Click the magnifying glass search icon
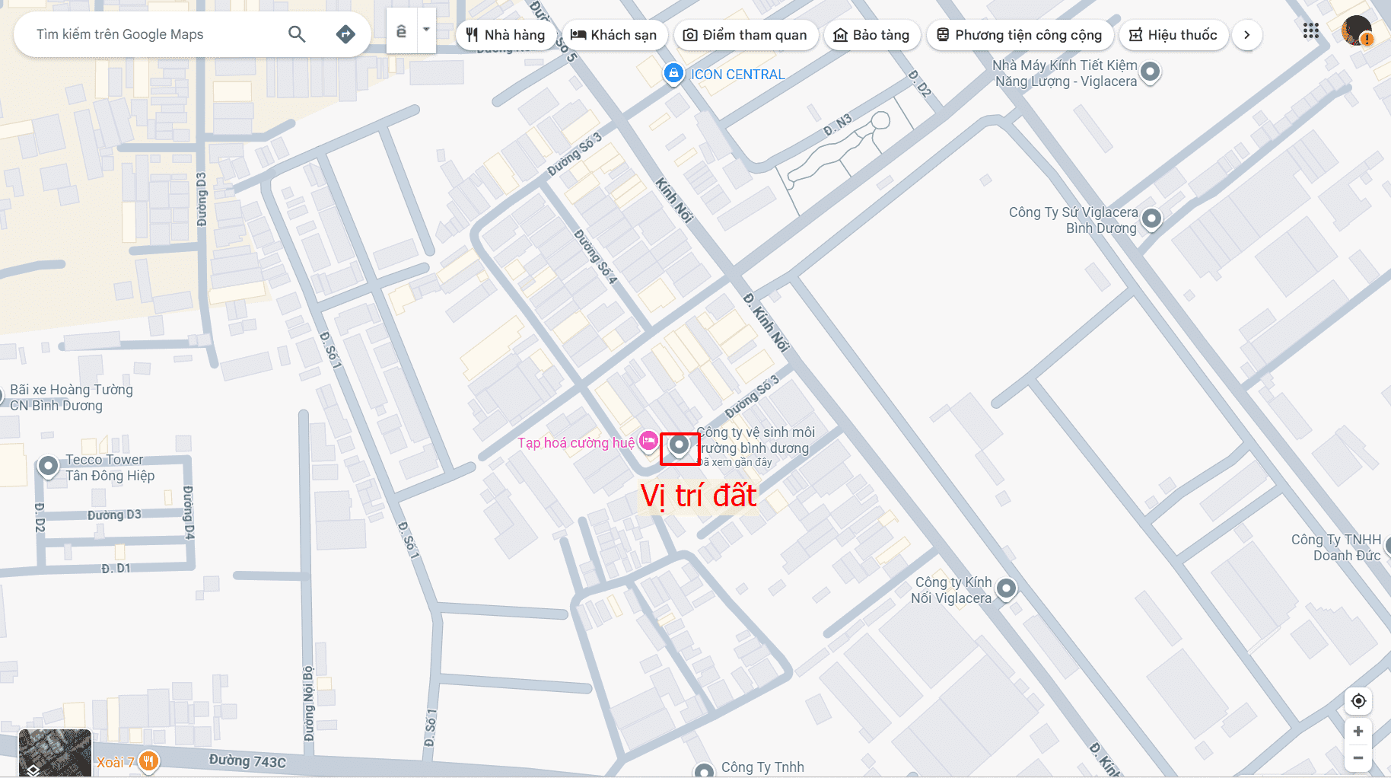tap(297, 34)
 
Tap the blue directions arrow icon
tap(345, 34)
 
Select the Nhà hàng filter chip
tap(506, 35)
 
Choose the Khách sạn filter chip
tap(614, 35)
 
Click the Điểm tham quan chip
tap(746, 35)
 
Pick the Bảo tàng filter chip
tap(872, 35)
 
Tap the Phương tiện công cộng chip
tap(1020, 35)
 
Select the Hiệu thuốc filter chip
tap(1173, 35)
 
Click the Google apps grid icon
tap(1310, 31)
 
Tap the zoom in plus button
tap(1358, 732)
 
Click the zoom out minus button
tap(1358, 757)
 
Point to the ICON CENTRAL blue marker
tap(673, 74)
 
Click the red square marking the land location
tap(679, 448)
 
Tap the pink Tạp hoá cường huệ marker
tap(648, 441)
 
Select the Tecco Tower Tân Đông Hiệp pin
tap(48, 465)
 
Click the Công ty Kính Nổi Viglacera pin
tap(1006, 588)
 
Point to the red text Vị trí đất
tap(698, 496)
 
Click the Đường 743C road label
tap(247, 760)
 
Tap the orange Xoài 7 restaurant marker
tap(148, 760)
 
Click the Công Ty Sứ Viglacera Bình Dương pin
tap(1151, 218)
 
